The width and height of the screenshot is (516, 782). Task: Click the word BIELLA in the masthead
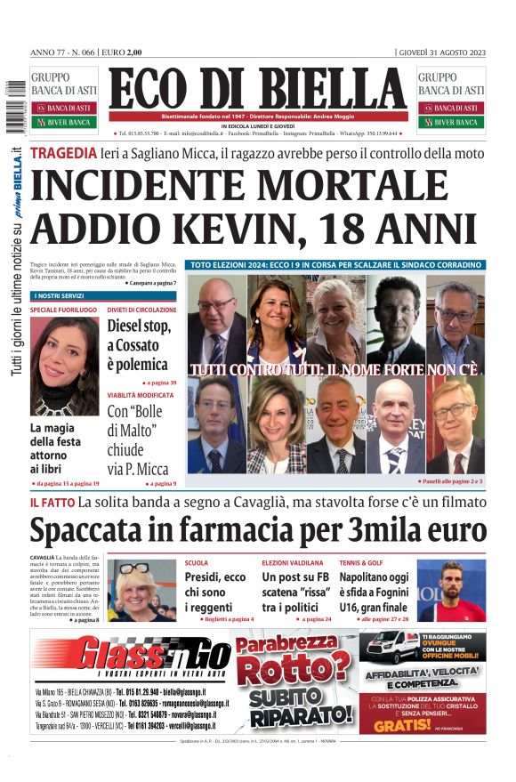click(329, 89)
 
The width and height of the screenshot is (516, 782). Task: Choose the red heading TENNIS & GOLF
click(361, 563)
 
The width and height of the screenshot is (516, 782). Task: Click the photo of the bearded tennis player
click(451, 590)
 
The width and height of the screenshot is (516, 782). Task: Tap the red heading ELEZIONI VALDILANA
click(294, 563)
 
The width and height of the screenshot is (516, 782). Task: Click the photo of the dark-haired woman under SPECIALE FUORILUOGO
click(64, 366)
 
